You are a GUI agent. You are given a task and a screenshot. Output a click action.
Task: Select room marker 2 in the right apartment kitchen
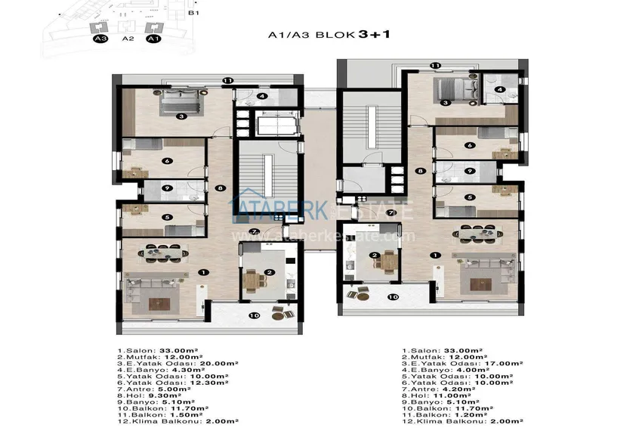click(374, 256)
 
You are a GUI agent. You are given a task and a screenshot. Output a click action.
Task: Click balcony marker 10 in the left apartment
click(254, 315)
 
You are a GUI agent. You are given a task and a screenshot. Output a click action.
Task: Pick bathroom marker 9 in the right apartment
click(470, 171)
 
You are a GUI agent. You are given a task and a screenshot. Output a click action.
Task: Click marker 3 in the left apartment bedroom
click(181, 116)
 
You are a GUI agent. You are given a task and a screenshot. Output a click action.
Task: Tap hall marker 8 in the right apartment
click(421, 171)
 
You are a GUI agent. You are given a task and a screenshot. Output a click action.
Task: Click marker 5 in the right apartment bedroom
click(470, 197)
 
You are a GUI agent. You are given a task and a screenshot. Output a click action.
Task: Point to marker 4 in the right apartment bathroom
click(499, 89)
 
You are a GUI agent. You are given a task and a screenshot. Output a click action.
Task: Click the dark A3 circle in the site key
click(99, 38)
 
